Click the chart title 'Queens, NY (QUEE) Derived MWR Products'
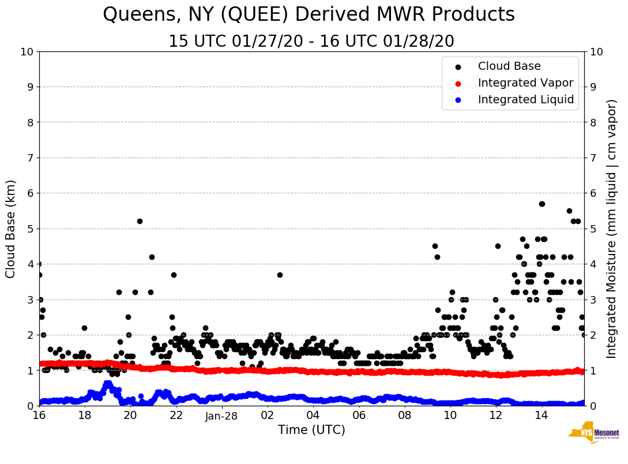pos(309,15)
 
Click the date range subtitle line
pos(311,42)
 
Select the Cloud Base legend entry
pos(509,66)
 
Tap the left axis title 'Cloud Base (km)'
pos(11,229)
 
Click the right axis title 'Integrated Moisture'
pos(612,229)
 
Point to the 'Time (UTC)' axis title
pos(311,430)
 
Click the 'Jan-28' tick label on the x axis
pos(222,416)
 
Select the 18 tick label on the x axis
pos(84,416)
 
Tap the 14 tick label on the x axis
pos(541,416)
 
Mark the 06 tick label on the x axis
pos(359,416)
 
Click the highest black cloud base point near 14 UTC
pos(542,204)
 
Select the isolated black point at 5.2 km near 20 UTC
pos(140,221)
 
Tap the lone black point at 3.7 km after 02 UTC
pos(280,275)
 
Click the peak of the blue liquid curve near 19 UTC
pos(108,383)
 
